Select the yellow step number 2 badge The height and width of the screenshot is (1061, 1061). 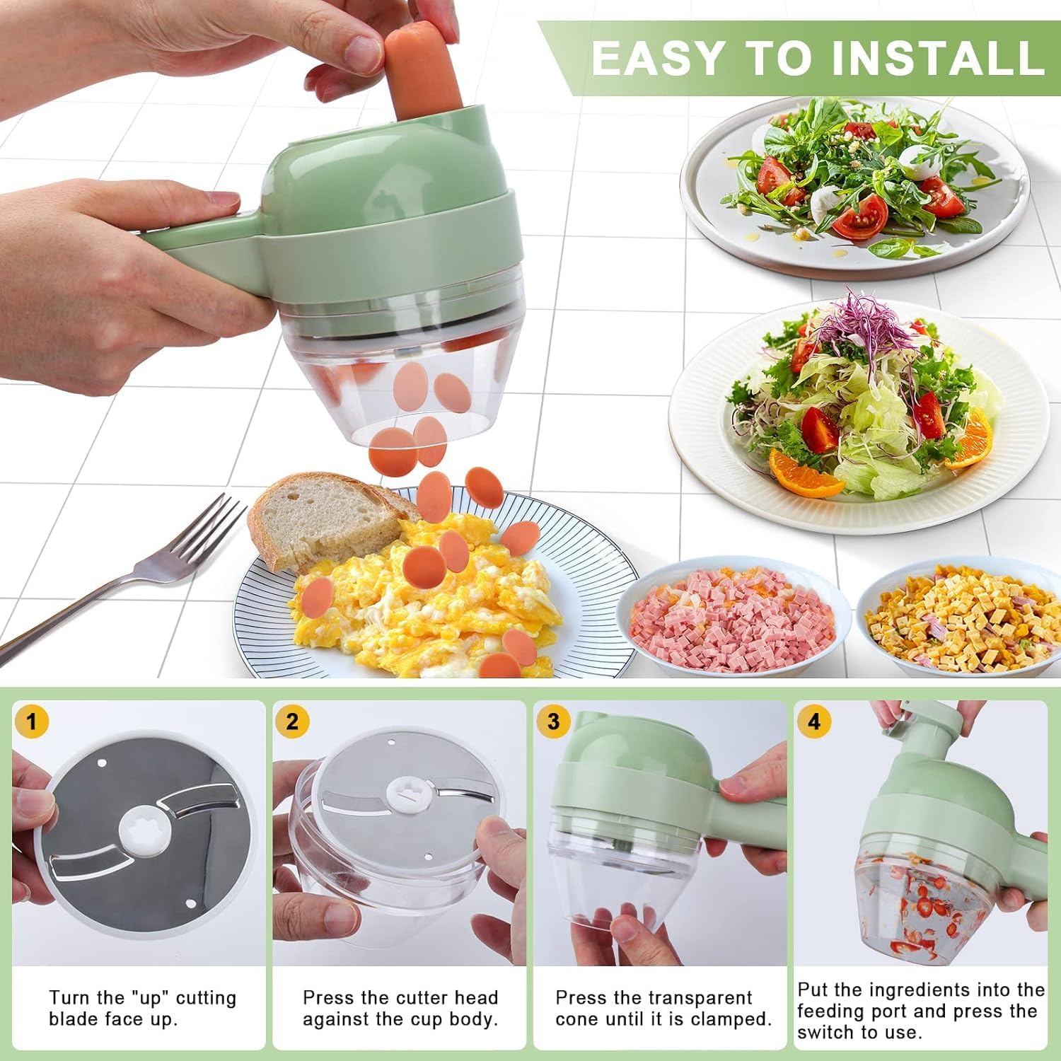(x=293, y=722)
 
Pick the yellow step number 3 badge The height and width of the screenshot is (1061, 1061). (x=554, y=722)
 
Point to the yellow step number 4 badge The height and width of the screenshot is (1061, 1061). (x=814, y=722)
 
